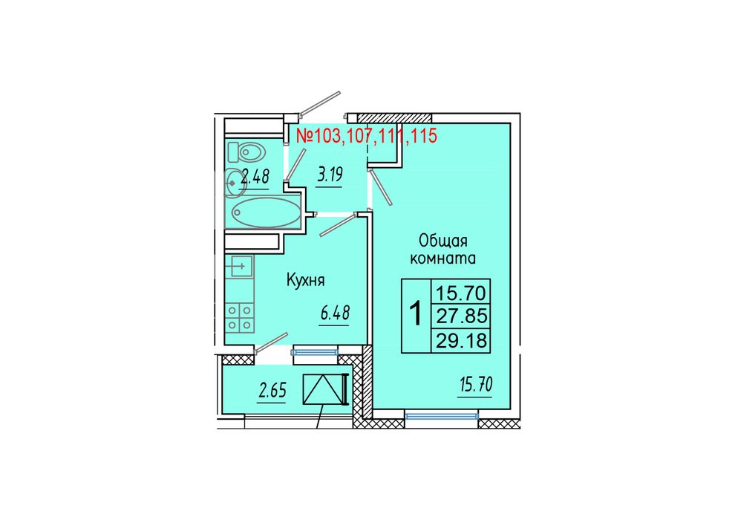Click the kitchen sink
click(x=240, y=267)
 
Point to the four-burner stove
click(x=240, y=317)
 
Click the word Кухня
click(x=305, y=281)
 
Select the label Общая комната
click(x=443, y=250)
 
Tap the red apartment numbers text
click(x=367, y=135)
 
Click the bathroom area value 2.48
click(x=255, y=178)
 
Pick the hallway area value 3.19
click(x=330, y=175)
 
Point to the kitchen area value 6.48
click(x=335, y=313)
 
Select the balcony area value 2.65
click(x=272, y=391)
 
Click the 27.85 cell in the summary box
click(x=461, y=316)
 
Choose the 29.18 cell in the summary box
click(x=461, y=340)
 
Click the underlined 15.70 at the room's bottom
click(x=476, y=386)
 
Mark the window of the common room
click(x=442, y=416)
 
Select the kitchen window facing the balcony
click(x=314, y=351)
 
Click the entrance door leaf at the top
click(x=320, y=103)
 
